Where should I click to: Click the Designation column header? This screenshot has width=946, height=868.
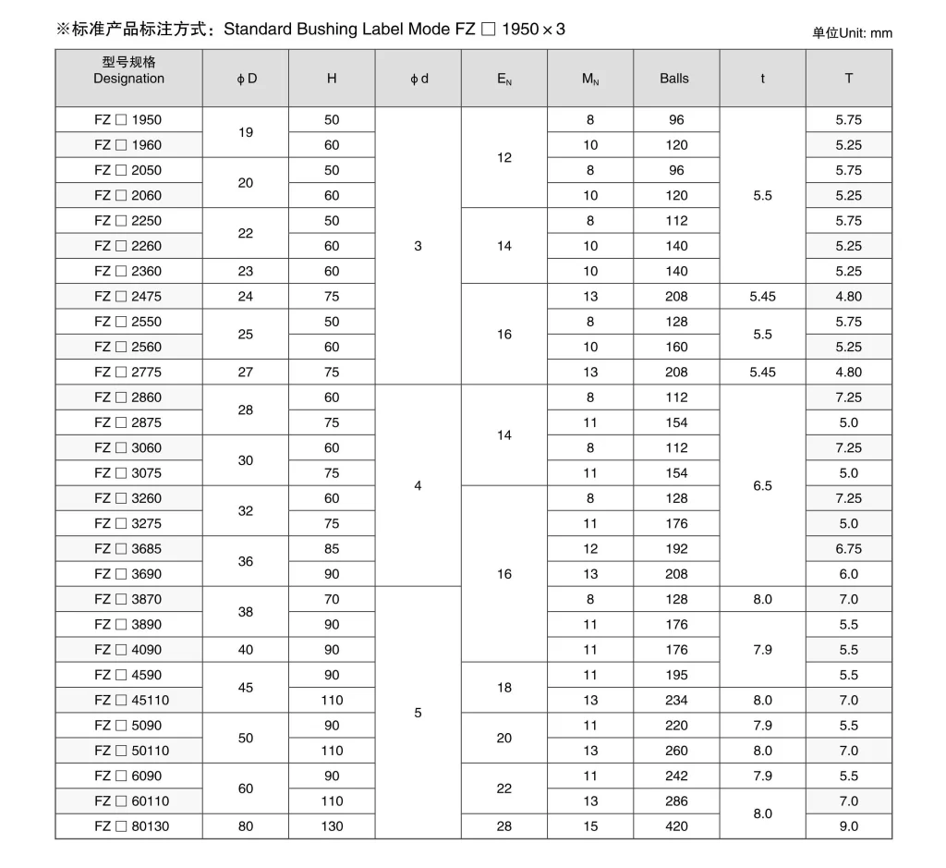(128, 71)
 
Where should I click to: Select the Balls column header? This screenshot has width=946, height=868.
(674, 79)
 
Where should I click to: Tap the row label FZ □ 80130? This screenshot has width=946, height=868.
(132, 826)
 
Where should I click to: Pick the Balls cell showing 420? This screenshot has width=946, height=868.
(676, 826)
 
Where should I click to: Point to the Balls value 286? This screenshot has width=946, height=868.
(676, 801)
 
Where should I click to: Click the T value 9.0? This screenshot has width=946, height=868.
(848, 826)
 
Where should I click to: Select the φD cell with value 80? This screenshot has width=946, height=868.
(246, 826)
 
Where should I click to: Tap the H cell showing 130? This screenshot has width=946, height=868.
(332, 826)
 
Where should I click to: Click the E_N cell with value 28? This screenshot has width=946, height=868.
(504, 826)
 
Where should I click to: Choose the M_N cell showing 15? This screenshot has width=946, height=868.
(590, 826)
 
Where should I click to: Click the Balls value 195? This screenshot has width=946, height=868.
(676, 675)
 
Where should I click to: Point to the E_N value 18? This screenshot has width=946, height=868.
(504, 688)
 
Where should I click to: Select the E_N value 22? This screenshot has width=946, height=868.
(504, 789)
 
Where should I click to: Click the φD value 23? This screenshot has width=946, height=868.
(246, 272)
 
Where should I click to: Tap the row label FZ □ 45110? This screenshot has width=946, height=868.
(132, 701)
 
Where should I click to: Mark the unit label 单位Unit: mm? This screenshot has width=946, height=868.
(852, 33)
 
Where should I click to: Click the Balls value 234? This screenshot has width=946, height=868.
(676, 701)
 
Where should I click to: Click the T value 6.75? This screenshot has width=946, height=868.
(848, 549)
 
